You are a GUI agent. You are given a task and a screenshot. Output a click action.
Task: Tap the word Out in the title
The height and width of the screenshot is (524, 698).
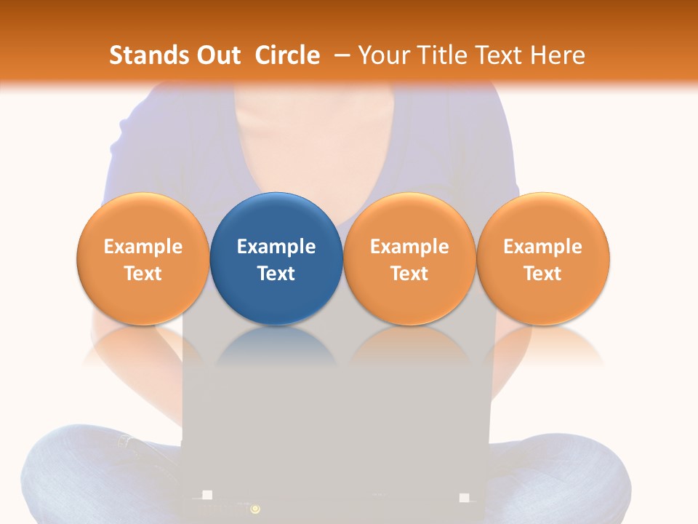[x=217, y=55]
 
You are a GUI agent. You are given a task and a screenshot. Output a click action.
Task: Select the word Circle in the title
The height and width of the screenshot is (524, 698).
[x=287, y=55]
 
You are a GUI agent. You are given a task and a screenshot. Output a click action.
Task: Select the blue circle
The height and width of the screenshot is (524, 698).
[x=276, y=258]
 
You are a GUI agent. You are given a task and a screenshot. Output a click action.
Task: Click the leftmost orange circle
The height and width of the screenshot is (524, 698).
[x=143, y=258]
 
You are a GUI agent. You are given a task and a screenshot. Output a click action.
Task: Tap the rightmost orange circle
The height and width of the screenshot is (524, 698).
[x=543, y=258]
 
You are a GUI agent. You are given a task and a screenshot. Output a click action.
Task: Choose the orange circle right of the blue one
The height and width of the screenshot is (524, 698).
[x=409, y=258]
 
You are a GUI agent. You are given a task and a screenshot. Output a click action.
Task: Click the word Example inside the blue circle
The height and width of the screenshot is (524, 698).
[x=276, y=247]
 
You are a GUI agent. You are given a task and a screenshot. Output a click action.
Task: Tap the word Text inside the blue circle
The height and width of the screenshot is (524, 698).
[x=276, y=274]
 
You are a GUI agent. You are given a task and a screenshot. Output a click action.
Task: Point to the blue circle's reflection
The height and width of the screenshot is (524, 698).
[x=276, y=346]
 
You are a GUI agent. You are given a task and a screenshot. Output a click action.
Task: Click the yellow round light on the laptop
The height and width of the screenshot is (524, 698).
[x=255, y=509]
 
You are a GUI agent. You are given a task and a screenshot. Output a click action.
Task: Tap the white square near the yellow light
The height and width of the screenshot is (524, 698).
[x=207, y=495]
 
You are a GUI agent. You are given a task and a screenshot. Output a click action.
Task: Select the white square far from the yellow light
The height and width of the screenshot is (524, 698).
[x=465, y=498]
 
